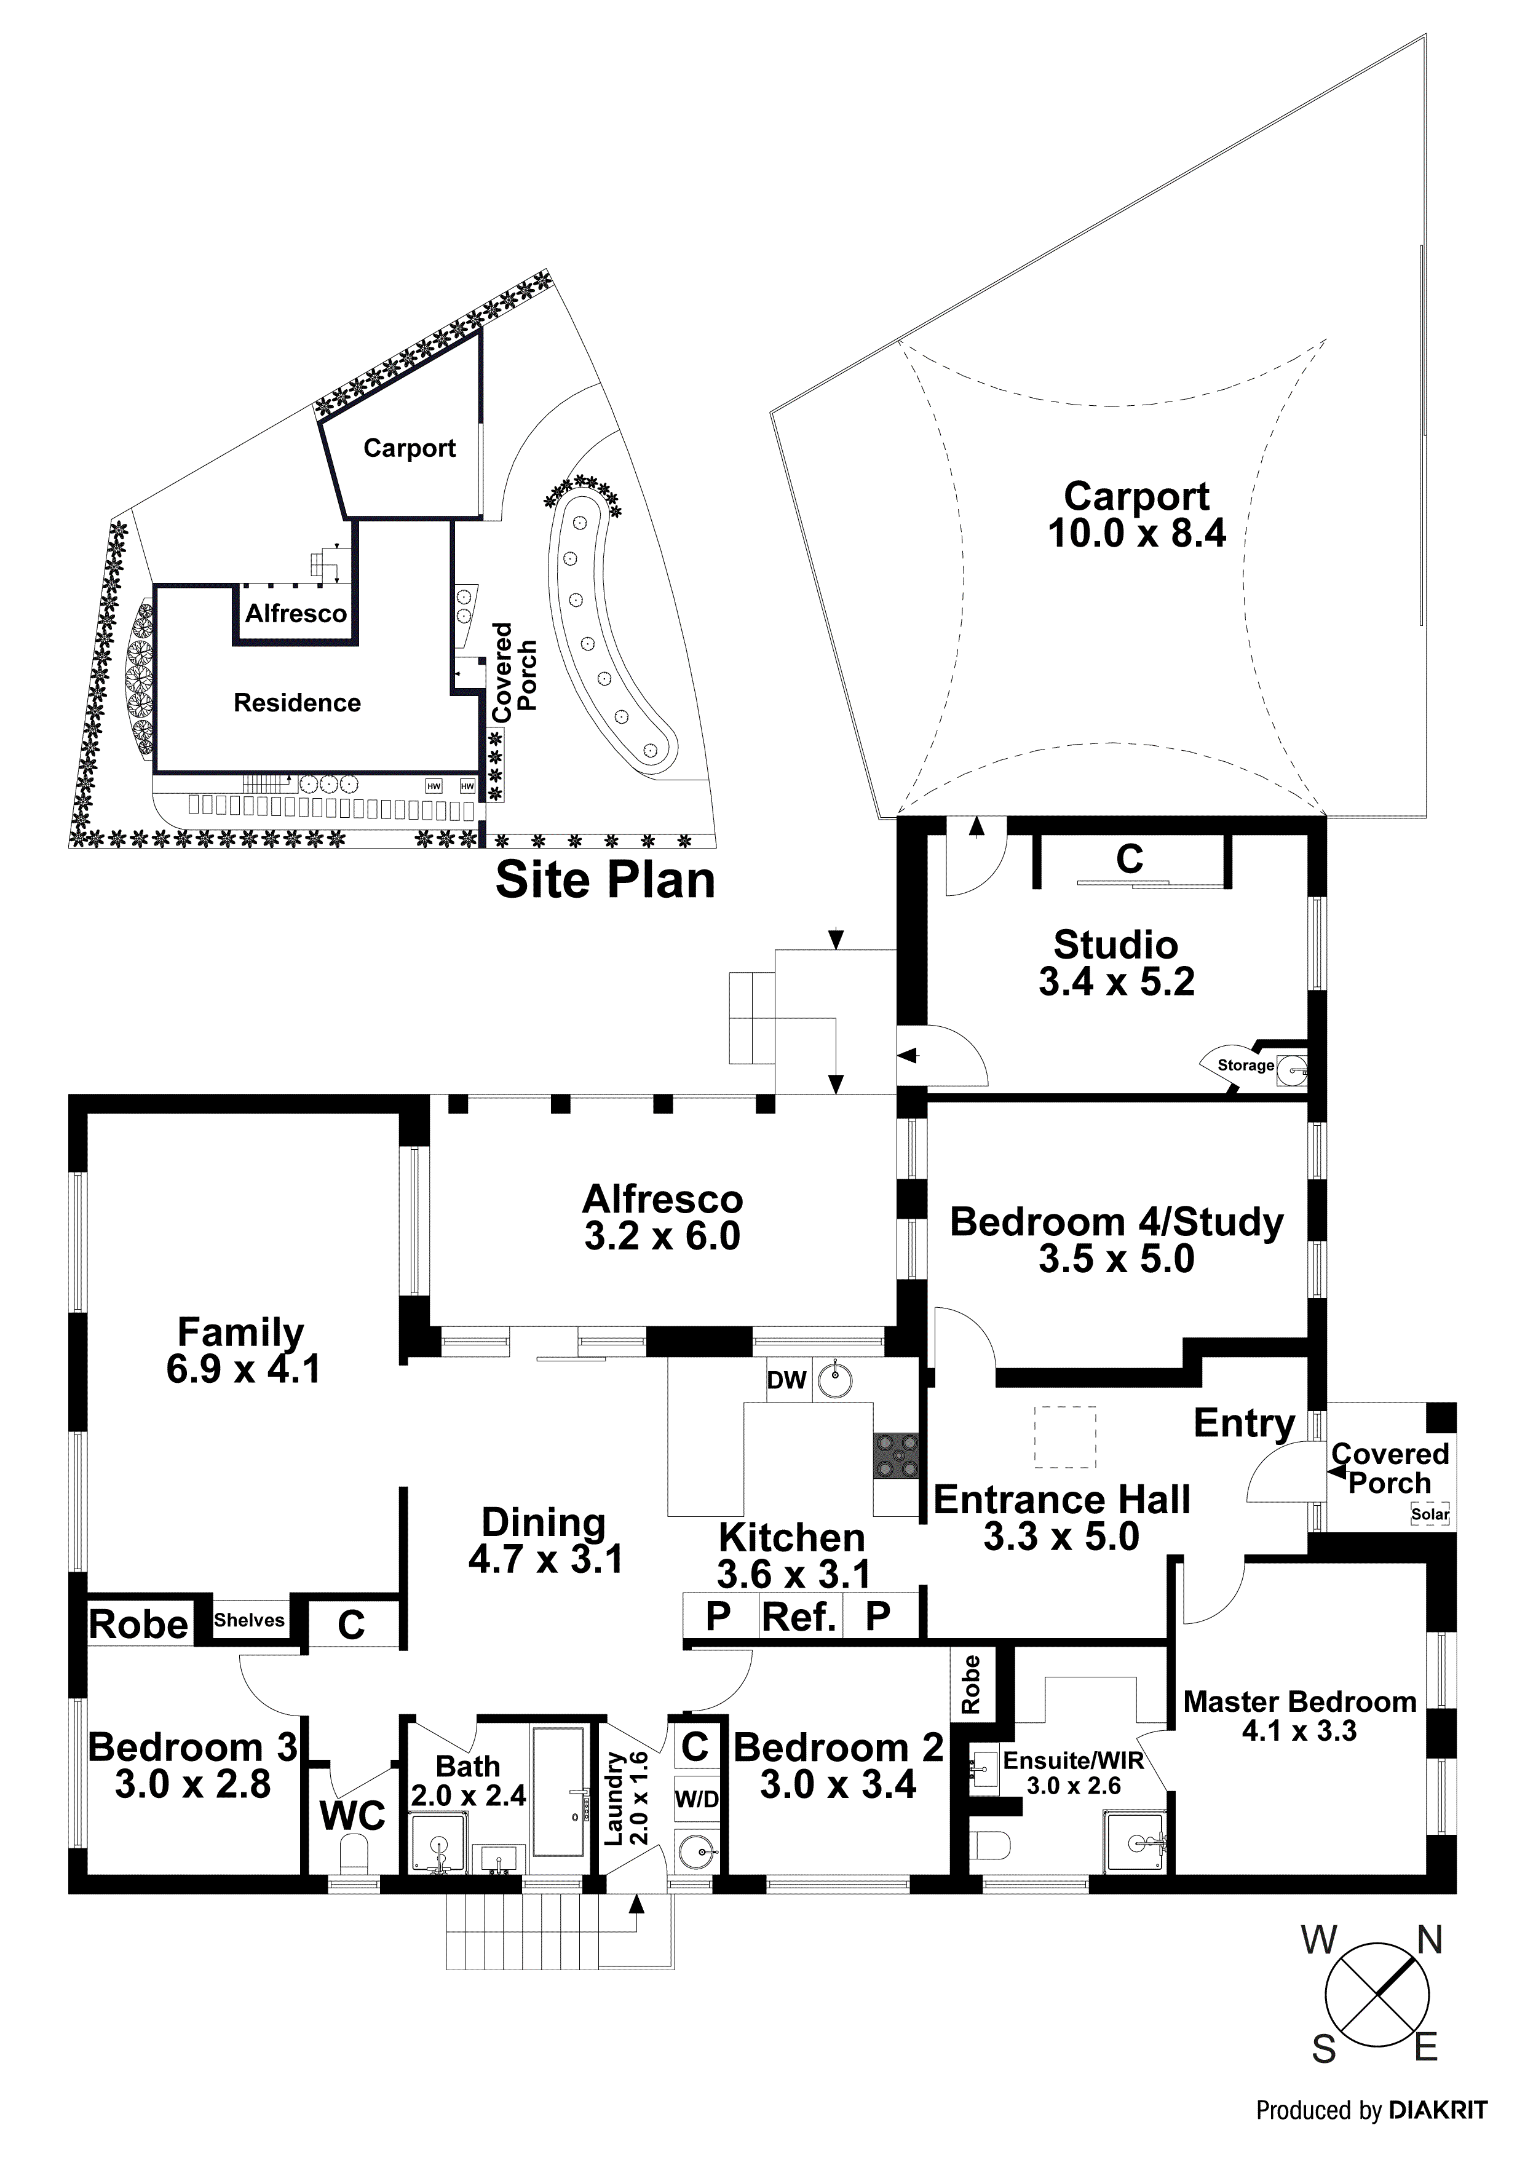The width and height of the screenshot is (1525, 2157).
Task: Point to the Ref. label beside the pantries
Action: [x=799, y=1617]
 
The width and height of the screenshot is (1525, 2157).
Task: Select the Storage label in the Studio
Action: [x=1245, y=1066]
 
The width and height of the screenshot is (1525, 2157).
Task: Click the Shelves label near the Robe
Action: [x=249, y=1620]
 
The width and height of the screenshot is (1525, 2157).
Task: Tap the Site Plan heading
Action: [x=605, y=881]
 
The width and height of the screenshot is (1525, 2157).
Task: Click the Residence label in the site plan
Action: [x=297, y=703]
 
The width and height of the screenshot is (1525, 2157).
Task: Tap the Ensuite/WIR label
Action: [x=1073, y=1760]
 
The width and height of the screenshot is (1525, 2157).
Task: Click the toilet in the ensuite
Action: [x=988, y=1848]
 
